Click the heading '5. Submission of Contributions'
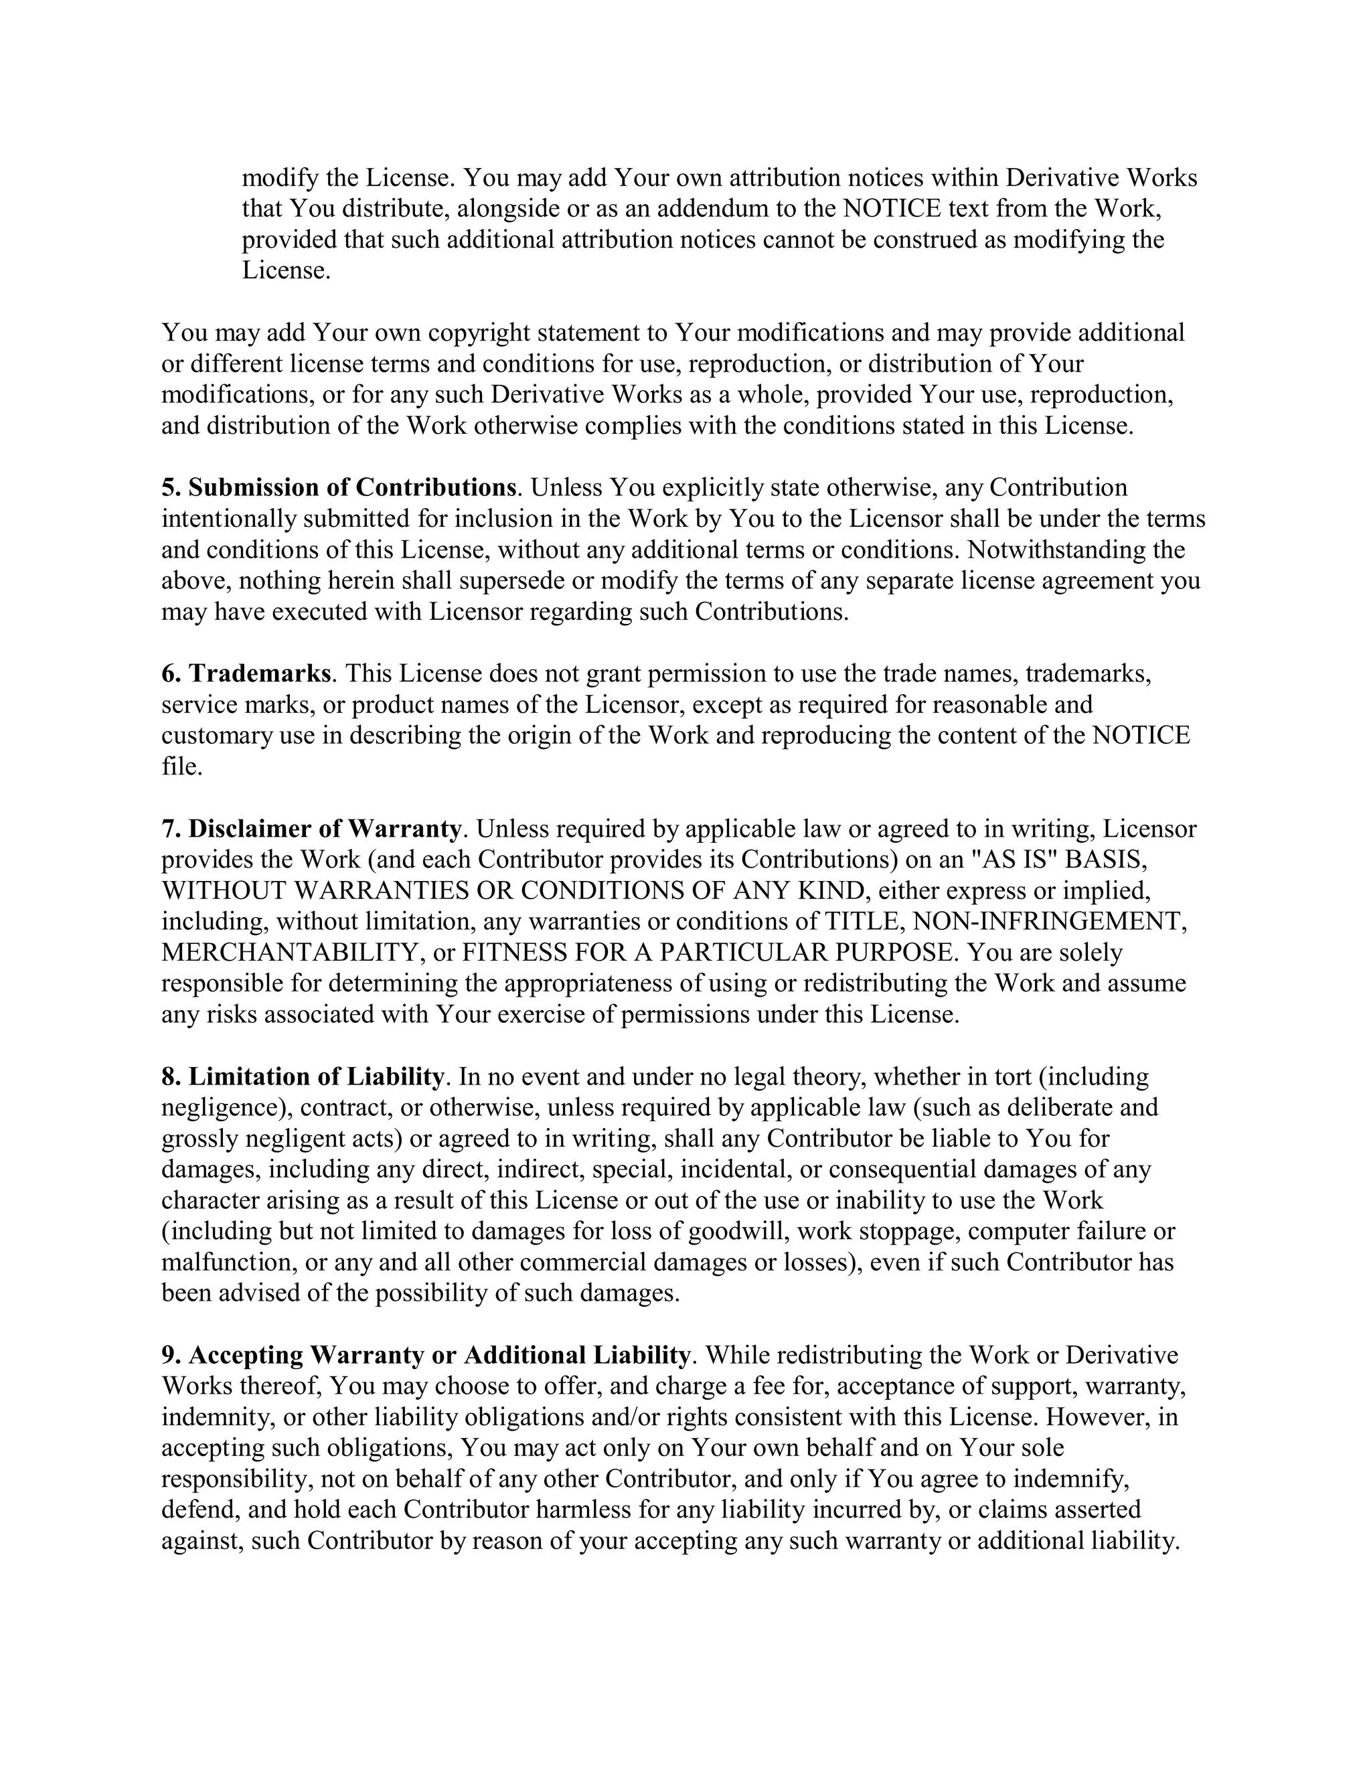339,487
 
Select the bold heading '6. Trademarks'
246,673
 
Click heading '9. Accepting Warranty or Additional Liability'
426,1355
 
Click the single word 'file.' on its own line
181,766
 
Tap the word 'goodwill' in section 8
738,1230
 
